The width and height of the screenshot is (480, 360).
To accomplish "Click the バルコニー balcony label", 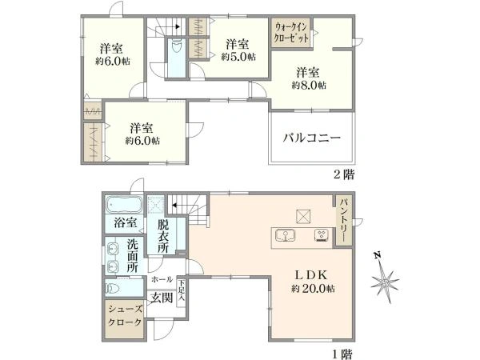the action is (312, 138).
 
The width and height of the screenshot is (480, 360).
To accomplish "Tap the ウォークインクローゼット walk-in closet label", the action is (291, 33).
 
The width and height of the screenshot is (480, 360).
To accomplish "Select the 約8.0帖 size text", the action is (309, 86).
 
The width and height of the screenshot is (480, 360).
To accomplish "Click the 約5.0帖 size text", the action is (238, 57).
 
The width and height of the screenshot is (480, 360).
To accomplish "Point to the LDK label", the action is (311, 274).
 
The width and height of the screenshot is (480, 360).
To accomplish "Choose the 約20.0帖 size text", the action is (313, 288).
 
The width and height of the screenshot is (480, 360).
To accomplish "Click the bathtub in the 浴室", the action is (124, 204).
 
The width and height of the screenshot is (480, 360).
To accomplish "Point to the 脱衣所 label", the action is (163, 237).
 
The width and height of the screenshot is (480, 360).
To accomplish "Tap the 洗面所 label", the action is (132, 256).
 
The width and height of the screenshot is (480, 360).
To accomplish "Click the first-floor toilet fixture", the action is (113, 288).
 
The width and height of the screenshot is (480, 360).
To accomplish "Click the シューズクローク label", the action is (125, 316).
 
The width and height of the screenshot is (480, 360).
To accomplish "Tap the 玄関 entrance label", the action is (162, 298).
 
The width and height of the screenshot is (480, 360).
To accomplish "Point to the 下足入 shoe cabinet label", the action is (182, 291).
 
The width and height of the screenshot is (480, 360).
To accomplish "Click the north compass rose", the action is (385, 279).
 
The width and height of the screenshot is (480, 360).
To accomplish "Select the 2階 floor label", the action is (344, 174).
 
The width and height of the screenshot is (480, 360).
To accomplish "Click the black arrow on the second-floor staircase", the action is (178, 26).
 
